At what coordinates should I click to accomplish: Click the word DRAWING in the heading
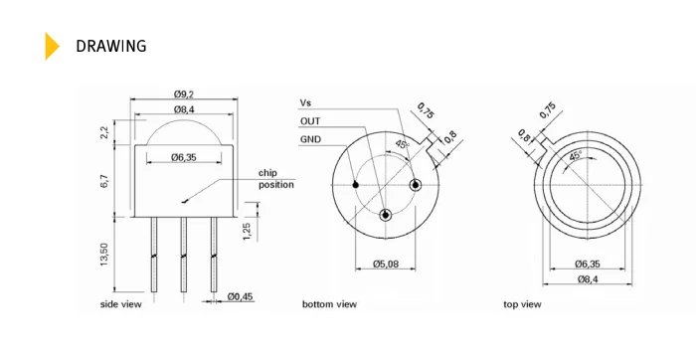(x=111, y=46)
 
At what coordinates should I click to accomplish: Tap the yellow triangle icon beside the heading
(x=52, y=46)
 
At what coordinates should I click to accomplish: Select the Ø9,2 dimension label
(x=184, y=93)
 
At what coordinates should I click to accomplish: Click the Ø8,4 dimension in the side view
(x=184, y=108)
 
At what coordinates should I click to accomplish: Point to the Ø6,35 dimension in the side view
(x=186, y=157)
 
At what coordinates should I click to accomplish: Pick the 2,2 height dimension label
(x=104, y=131)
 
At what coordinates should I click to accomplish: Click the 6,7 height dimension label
(x=104, y=182)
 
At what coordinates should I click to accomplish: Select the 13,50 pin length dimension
(x=104, y=255)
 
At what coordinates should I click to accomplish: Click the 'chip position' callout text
(x=275, y=179)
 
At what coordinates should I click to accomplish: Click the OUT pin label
(x=310, y=121)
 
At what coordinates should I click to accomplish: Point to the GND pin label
(x=310, y=139)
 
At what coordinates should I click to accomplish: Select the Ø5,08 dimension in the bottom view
(x=387, y=264)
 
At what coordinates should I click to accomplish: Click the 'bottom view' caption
(x=329, y=304)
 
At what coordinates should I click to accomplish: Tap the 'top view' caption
(x=522, y=304)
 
